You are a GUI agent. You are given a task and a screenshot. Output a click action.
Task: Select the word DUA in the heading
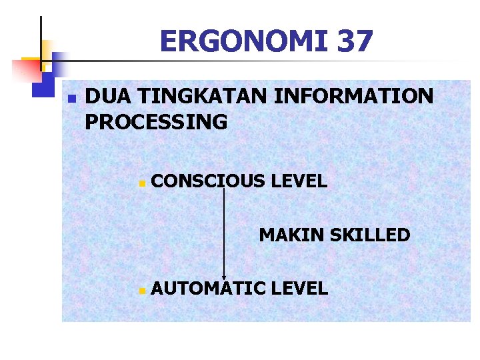(109, 97)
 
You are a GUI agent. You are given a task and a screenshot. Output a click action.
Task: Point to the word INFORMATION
(353, 97)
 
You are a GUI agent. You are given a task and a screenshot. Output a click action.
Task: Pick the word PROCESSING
(157, 122)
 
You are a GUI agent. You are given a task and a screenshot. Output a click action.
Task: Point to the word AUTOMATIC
(208, 288)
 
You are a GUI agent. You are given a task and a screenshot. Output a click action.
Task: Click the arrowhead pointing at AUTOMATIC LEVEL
(224, 277)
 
